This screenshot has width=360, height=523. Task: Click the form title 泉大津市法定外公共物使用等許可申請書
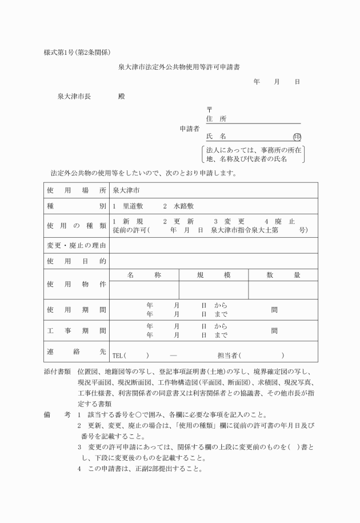179,67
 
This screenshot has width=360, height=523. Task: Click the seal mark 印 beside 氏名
297,137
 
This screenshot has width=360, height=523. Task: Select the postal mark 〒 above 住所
209,109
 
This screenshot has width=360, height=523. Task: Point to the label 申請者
189,129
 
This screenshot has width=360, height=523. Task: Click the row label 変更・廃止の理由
76,245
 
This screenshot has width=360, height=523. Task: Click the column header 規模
213,275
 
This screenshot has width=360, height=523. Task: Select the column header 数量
283,275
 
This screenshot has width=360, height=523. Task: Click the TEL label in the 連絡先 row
118,355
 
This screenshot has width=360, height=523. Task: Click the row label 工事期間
76,330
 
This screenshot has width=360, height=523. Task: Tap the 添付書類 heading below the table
57,372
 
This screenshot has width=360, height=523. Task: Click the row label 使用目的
76,261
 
